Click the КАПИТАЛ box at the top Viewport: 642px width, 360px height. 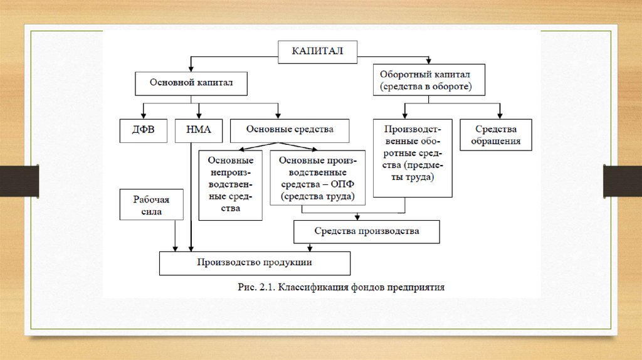pyautogui.click(x=318, y=51)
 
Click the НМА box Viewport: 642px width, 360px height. pyautogui.click(x=199, y=130)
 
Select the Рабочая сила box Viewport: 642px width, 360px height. pyautogui.click(x=151, y=205)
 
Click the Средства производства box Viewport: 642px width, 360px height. pyautogui.click(x=367, y=231)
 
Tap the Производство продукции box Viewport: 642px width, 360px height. pyautogui.click(x=255, y=263)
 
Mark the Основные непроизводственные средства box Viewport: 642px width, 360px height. pyautogui.click(x=230, y=184)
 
